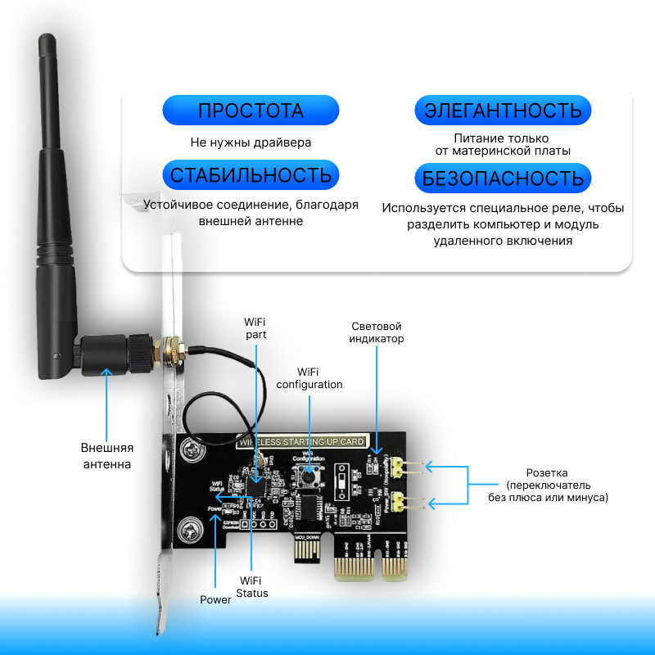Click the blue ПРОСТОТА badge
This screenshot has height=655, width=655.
[251, 111]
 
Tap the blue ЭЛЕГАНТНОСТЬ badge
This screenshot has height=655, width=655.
[503, 111]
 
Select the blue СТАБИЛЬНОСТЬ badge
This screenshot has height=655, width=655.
[251, 174]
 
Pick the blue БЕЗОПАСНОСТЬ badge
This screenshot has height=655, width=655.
[503, 178]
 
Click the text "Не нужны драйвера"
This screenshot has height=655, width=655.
[251, 142]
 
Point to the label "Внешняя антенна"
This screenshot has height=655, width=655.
[106, 456]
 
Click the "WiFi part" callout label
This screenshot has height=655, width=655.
[255, 327]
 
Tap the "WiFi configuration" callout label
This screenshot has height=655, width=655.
[309, 377]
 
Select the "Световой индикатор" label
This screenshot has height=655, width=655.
[377, 332]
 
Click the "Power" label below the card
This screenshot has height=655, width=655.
[215, 599]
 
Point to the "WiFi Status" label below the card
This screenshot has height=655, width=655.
[252, 586]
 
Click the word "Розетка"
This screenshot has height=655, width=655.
[547, 473]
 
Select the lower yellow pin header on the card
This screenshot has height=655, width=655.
[400, 501]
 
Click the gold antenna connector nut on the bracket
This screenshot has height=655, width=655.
[173, 350]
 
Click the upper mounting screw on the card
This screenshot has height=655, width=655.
[191, 449]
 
